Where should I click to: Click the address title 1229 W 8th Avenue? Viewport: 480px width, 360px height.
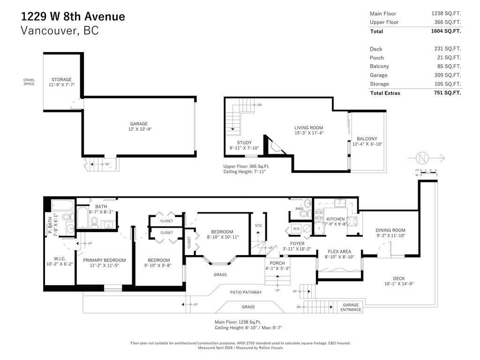[73, 16]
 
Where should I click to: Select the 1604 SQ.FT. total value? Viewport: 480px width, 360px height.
[446, 31]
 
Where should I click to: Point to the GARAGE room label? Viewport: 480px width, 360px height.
[139, 124]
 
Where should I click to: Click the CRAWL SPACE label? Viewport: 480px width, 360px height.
[29, 82]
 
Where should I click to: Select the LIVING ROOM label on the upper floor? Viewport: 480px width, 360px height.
[308, 127]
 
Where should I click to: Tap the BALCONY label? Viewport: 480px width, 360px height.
[367, 139]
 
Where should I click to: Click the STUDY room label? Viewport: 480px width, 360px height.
[244, 143]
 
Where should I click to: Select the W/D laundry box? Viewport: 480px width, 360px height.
[296, 228]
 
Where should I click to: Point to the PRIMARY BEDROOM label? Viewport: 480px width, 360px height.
[104, 260]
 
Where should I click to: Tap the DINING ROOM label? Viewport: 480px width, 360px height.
[390, 230]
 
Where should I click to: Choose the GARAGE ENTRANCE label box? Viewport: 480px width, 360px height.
[351, 307]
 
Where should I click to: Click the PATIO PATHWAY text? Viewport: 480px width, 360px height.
[246, 292]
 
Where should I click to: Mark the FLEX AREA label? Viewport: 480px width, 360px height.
[339, 252]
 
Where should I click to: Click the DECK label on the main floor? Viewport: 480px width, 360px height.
[398, 278]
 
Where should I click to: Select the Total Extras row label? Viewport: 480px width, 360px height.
[385, 93]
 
